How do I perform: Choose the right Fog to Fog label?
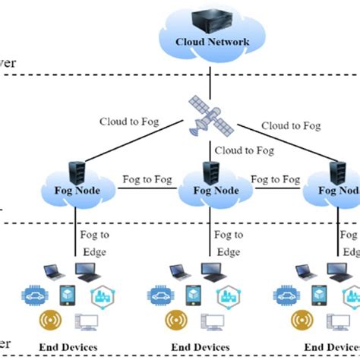tap(275, 180)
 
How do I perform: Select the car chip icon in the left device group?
tap(36, 294)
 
